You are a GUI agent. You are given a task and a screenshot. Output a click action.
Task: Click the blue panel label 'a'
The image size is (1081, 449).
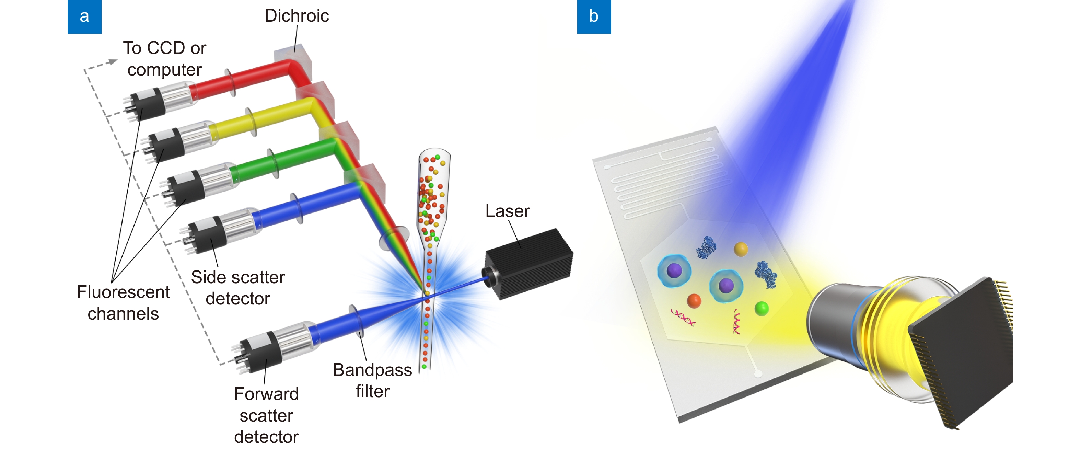pos(84,16)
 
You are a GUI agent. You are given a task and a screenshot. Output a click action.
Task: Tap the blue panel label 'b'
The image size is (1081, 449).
pos(593,16)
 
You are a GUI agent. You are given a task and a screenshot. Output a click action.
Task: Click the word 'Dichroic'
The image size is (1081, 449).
pos(297,16)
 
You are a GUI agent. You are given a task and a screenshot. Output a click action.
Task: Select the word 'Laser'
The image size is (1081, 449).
pos(507,211)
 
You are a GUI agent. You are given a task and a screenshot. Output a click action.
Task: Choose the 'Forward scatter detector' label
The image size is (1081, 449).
pos(266,415)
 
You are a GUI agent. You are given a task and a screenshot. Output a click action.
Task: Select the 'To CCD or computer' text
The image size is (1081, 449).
pos(164,59)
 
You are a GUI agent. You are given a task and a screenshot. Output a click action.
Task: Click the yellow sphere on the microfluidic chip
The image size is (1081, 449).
pos(741,249)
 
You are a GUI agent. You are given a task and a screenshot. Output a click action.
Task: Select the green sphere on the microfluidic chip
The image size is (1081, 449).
pos(761,308)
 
